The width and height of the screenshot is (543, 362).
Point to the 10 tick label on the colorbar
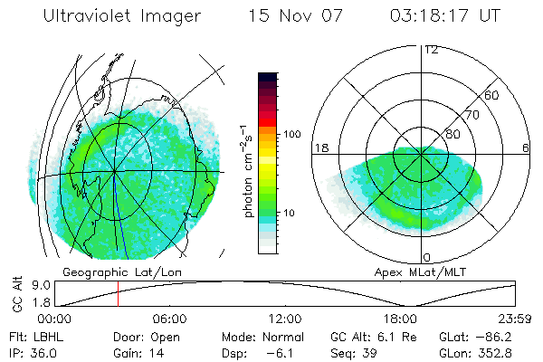(290, 214)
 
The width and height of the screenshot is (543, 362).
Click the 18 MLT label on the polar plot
(321, 148)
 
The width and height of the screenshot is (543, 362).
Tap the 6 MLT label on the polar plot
(526, 148)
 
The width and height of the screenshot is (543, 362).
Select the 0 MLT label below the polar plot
(426, 258)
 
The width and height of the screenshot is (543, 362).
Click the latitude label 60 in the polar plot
(492, 95)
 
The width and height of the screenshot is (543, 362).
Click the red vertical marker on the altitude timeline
(118, 293)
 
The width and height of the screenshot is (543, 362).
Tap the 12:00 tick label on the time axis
(285, 319)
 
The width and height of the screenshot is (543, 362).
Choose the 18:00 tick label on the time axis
(400, 319)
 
